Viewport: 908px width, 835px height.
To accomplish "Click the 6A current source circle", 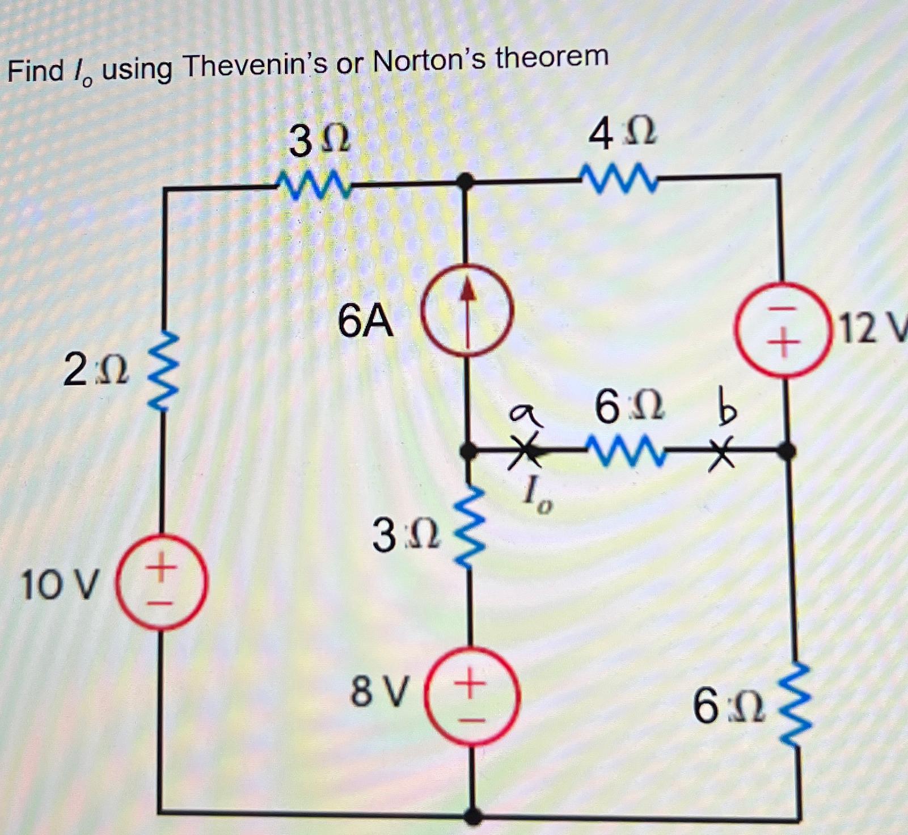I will coord(467,310).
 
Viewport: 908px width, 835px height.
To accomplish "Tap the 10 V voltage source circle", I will coord(162,583).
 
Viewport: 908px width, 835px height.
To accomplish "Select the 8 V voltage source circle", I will coord(472,696).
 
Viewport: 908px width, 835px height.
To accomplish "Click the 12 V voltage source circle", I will coord(783,331).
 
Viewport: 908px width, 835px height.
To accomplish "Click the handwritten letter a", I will coord(525,415).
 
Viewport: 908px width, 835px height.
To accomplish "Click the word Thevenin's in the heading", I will coord(255,65).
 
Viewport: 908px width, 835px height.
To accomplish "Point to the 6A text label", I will coord(365,321).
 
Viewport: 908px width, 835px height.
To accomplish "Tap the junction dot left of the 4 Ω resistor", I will coord(465,182).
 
